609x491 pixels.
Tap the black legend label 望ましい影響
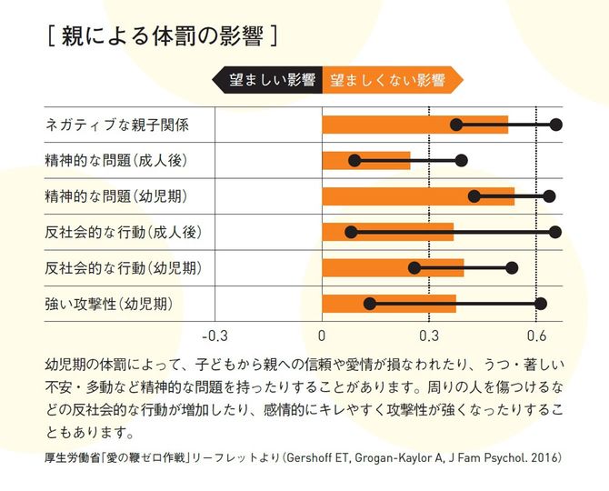270,80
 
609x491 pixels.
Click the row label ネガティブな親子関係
117,125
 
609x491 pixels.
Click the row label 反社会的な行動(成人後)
122,232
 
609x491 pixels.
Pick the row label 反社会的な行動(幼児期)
122,267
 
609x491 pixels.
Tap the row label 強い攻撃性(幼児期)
108,303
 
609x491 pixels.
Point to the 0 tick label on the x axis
322,333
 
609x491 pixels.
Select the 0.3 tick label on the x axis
429,333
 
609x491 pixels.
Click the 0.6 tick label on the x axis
536,333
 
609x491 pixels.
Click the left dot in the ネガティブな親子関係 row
456,125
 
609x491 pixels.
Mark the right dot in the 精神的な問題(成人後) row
462,161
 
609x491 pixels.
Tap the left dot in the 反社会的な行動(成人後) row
351,232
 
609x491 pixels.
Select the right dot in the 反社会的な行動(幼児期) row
512,267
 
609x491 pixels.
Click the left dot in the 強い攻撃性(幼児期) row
369,304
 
